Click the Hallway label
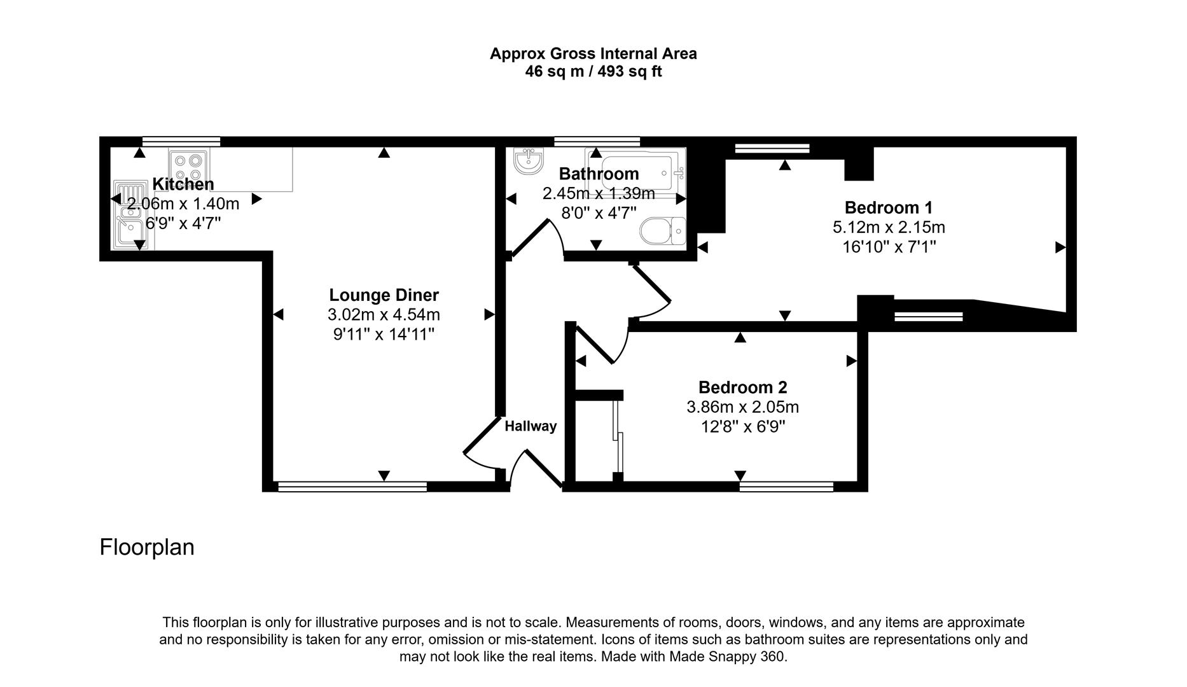coord(531,426)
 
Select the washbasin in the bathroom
coord(529,161)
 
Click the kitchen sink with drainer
coord(133,216)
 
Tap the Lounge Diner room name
coord(384,295)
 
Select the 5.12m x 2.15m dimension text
coord(889,227)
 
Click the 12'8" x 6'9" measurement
coord(743,426)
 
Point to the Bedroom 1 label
coord(889,207)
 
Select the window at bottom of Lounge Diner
coord(352,487)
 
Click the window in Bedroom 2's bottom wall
coord(786,487)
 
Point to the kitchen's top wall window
coord(181,141)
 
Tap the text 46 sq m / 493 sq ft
coord(593,72)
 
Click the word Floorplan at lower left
coord(147,547)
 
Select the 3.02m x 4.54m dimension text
coord(384,315)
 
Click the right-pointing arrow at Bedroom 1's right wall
coord(1060,247)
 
